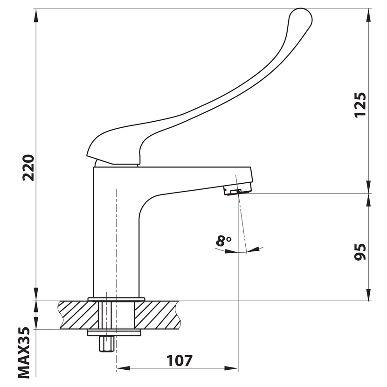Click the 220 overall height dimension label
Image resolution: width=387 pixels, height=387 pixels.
click(28, 167)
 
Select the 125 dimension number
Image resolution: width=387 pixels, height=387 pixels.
click(360, 105)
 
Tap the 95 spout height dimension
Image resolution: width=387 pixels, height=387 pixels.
click(360, 252)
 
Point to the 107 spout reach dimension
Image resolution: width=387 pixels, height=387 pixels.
click(180, 360)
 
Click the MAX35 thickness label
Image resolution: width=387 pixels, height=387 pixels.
click(24, 353)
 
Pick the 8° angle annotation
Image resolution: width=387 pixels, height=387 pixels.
click(223, 241)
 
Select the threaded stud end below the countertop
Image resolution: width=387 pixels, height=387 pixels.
click(106, 344)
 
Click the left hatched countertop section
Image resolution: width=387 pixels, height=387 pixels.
click(78, 315)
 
